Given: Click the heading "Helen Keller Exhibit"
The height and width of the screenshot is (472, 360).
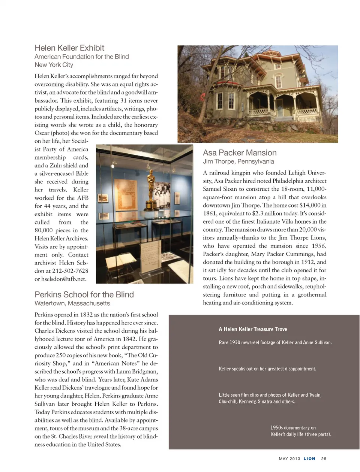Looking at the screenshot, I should (69, 48).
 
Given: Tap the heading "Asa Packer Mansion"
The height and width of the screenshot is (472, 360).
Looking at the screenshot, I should (240, 153).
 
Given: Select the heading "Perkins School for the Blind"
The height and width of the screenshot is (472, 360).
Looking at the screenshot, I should (84, 294).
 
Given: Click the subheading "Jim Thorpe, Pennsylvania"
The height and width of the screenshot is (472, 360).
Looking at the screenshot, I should (238, 161).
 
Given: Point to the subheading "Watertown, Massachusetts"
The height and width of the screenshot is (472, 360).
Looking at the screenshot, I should (72, 303).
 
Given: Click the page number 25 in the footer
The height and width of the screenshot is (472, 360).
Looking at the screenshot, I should (324, 459).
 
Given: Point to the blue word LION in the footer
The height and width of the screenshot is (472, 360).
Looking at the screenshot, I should (309, 459).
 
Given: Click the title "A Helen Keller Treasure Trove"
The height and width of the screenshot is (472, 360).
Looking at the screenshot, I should (253, 329).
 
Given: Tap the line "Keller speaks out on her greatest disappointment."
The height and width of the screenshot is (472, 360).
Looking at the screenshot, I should (267, 369).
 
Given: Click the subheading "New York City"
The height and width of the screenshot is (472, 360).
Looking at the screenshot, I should (54, 65).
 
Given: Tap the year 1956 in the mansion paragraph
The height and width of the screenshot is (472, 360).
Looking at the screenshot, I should (318, 246).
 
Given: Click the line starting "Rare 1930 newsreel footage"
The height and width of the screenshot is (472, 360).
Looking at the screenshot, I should (275, 342).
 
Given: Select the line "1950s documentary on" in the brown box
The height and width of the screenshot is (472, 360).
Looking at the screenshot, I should (293, 427).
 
